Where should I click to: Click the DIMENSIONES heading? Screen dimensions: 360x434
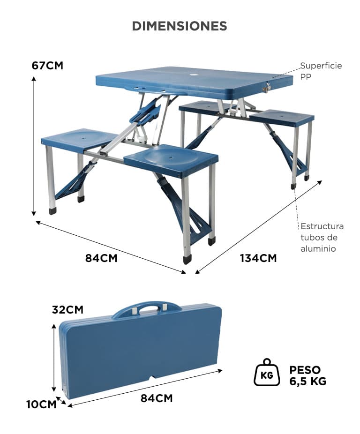(180, 26)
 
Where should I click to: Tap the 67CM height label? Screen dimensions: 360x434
(47, 66)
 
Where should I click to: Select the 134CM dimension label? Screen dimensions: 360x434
(258, 258)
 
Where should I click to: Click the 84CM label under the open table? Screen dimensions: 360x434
(101, 258)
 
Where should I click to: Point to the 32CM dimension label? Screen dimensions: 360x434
(67, 309)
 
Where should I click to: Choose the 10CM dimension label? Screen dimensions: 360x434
(41, 404)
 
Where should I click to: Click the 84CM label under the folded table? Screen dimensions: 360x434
(157, 398)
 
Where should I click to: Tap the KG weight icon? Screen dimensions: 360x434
(267, 372)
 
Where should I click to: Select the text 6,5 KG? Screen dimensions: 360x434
(308, 381)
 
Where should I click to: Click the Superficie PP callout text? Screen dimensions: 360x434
(321, 71)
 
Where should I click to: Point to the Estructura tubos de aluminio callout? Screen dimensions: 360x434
(322, 237)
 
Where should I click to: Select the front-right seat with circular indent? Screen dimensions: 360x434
(171, 160)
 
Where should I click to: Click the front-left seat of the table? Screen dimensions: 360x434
(80, 140)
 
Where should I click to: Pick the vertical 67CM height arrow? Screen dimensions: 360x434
(33, 146)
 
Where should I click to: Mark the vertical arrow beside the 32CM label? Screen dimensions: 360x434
(54, 357)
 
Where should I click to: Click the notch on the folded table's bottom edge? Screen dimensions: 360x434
(152, 378)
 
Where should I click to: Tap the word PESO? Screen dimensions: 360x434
(305, 370)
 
